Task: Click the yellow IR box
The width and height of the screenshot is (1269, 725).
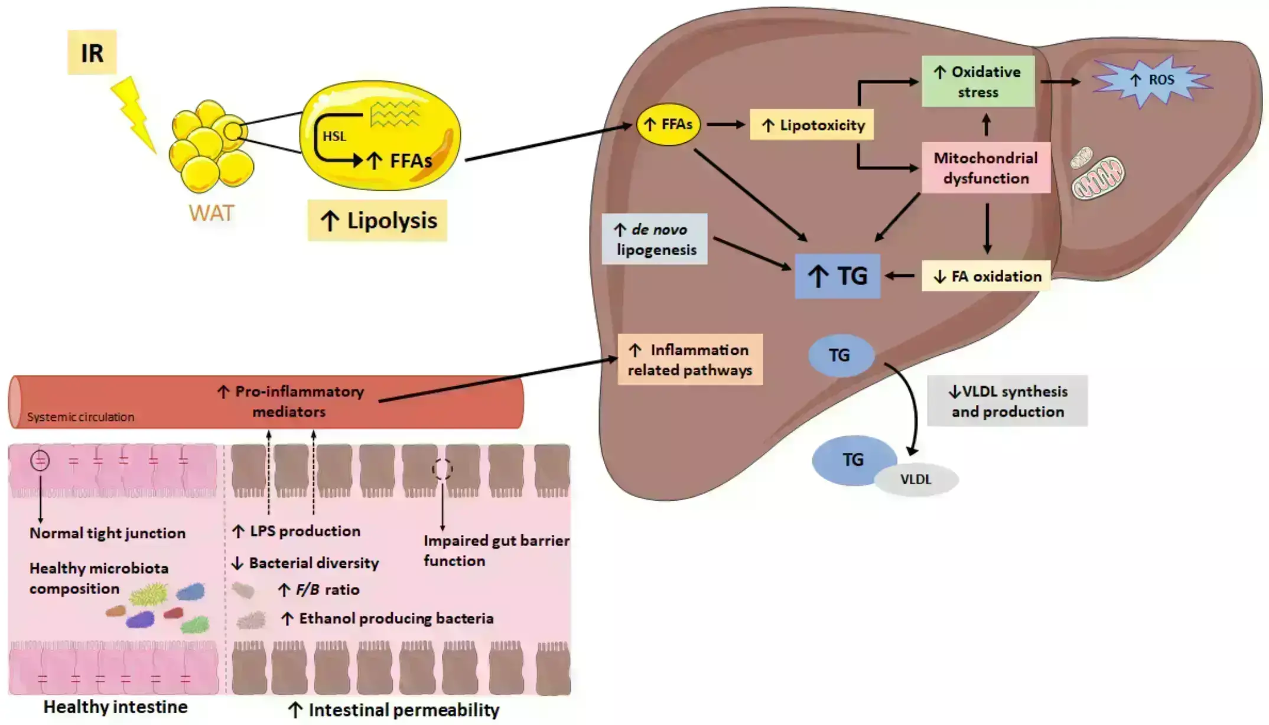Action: coord(92,53)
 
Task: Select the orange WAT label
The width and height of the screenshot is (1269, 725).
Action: coord(211,213)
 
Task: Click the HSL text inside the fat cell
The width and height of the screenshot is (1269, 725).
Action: coord(334,136)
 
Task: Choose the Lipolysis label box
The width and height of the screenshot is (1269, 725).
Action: coord(377,221)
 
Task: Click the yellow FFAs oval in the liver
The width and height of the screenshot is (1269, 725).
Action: coord(668,125)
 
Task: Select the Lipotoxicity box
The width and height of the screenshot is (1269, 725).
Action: coord(811,125)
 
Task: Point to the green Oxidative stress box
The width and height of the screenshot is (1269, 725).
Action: coord(978,81)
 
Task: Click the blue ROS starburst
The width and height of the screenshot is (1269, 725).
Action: coord(1151,80)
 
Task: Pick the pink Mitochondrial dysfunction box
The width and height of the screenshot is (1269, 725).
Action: coord(985,168)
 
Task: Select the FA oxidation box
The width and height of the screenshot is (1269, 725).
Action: coord(986,276)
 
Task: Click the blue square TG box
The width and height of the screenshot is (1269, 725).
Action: coord(837,276)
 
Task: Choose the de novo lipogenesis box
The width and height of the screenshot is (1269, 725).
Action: coord(655,239)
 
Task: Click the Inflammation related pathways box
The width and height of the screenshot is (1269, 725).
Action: coord(689,360)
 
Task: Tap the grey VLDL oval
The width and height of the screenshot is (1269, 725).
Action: coord(916,479)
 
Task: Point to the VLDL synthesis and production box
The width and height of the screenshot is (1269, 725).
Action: coord(1007,401)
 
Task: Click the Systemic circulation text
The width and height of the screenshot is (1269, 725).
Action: coord(81,417)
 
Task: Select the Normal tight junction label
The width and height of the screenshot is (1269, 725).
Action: coord(108,533)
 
